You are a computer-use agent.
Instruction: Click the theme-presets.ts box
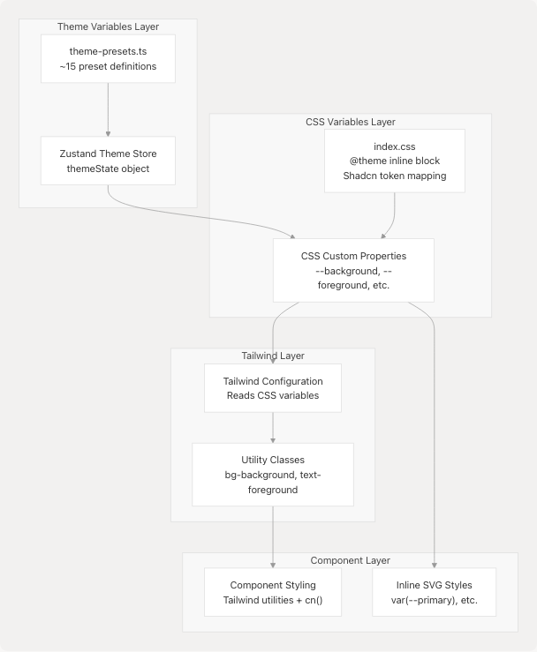[108, 58]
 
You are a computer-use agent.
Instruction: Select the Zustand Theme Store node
[108, 161]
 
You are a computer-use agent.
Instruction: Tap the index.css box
[394, 161]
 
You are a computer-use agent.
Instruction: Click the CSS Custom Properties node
[353, 270]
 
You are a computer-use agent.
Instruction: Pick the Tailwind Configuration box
[273, 388]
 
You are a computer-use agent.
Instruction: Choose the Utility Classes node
[273, 474]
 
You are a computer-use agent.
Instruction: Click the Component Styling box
[273, 592]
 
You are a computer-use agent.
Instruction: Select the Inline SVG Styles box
[435, 592]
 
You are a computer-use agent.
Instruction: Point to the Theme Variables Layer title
[108, 26]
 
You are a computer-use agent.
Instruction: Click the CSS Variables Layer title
[350, 122]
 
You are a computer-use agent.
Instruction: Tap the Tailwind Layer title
[273, 356]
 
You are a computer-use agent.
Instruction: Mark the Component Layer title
[350, 560]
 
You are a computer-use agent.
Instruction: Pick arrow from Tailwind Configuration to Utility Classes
[273, 427]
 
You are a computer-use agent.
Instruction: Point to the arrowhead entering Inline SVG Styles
[435, 563]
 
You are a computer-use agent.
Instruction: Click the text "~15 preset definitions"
[108, 66]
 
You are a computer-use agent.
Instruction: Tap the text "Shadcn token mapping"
[394, 176]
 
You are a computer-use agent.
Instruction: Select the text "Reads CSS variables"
[273, 395]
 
